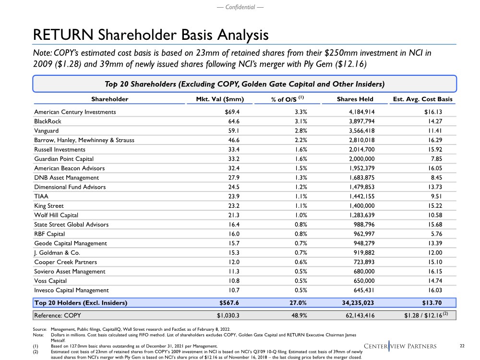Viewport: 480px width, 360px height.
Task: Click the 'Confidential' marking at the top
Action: pyautogui.click(x=240, y=7)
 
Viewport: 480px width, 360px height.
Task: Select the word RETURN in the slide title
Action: pyautogui.click(x=58, y=35)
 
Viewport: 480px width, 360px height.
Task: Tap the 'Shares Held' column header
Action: pyautogui.click(x=355, y=99)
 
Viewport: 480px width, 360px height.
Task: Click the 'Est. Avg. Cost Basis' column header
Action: pyautogui.click(x=422, y=99)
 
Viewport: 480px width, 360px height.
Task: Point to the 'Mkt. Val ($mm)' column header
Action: pyautogui.click(x=221, y=99)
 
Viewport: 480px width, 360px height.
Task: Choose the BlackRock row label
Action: pyautogui.click(x=48, y=121)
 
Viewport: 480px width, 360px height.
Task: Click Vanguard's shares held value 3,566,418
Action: pyautogui.click(x=367, y=131)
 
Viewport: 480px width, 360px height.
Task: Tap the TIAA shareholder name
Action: pyautogui.click(x=40, y=196)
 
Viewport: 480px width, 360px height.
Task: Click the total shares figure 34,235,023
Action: pyautogui.click(x=364, y=303)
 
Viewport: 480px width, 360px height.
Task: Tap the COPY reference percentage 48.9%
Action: pyautogui.click(x=291, y=315)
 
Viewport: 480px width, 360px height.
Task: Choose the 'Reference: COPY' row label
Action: pyautogui.click(x=58, y=315)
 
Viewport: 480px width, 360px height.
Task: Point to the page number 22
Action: pyautogui.click(x=463, y=346)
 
